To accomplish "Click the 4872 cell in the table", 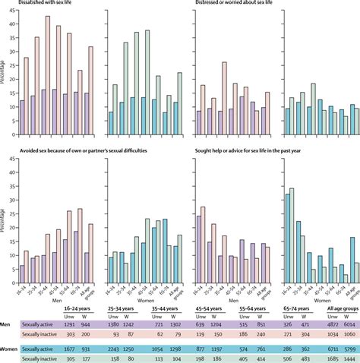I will pos(322,313).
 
